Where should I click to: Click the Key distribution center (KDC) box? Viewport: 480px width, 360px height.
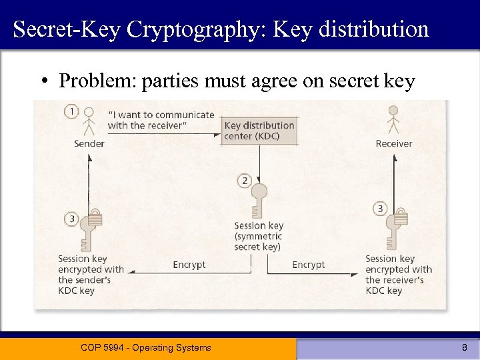tap(259, 131)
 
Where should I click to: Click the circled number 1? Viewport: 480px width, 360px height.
tap(72, 111)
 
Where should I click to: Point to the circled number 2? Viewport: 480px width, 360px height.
tap(245, 181)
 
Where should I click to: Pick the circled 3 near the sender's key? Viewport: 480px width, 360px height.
tap(72, 219)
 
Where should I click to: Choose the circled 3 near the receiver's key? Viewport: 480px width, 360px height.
tap(380, 209)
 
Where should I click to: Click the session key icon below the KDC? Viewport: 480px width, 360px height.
tap(259, 199)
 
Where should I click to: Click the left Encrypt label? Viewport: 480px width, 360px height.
tap(189, 265)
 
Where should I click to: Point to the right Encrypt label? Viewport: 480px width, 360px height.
tap(309, 265)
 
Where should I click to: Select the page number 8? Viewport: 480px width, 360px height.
tap(465, 347)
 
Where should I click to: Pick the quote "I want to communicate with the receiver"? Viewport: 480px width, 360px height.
tap(161, 120)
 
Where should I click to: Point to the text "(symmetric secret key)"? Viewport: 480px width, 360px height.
tap(259, 241)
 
